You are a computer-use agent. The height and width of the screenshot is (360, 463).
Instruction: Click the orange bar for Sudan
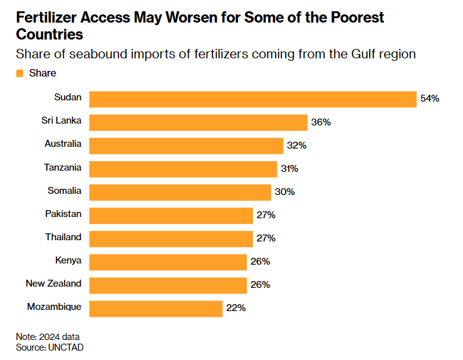[252, 99]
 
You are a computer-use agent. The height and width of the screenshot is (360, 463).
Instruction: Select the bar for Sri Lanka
[198, 122]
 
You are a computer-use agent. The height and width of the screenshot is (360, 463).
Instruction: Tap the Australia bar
[186, 146]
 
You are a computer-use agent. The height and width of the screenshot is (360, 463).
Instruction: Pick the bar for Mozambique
[155, 308]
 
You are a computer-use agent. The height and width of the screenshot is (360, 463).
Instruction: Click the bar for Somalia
[180, 192]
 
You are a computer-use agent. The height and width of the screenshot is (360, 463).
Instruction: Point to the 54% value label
[430, 99]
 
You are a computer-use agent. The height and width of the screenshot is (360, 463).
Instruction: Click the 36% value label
[321, 122]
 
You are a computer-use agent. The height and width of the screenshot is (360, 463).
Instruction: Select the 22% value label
[236, 308]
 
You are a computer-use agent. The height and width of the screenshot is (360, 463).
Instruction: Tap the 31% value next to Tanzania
[289, 169]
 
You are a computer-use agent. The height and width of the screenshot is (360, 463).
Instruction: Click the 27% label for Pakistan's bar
[266, 215]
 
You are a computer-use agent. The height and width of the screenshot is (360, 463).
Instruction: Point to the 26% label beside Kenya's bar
[260, 262]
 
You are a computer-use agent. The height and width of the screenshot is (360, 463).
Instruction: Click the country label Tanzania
[63, 167]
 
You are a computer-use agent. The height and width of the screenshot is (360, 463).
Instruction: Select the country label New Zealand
[53, 283]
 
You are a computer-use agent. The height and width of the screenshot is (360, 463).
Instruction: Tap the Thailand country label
[63, 236]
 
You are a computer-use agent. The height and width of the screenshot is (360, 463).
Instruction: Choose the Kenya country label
[68, 260]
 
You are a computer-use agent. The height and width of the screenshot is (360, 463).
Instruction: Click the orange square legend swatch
[20, 73]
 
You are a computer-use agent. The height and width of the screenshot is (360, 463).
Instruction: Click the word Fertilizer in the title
[48, 17]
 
